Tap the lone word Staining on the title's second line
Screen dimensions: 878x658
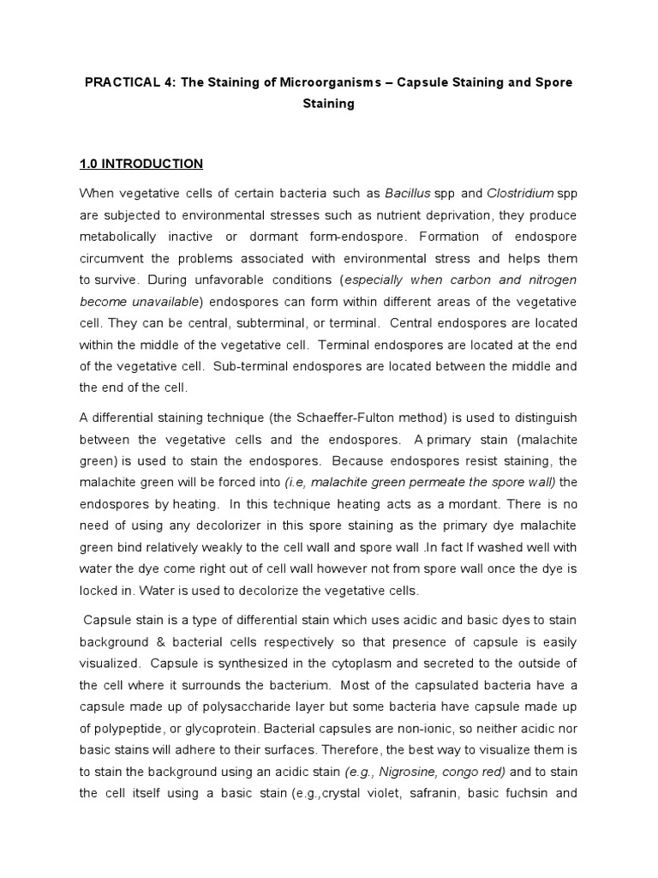(328, 104)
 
